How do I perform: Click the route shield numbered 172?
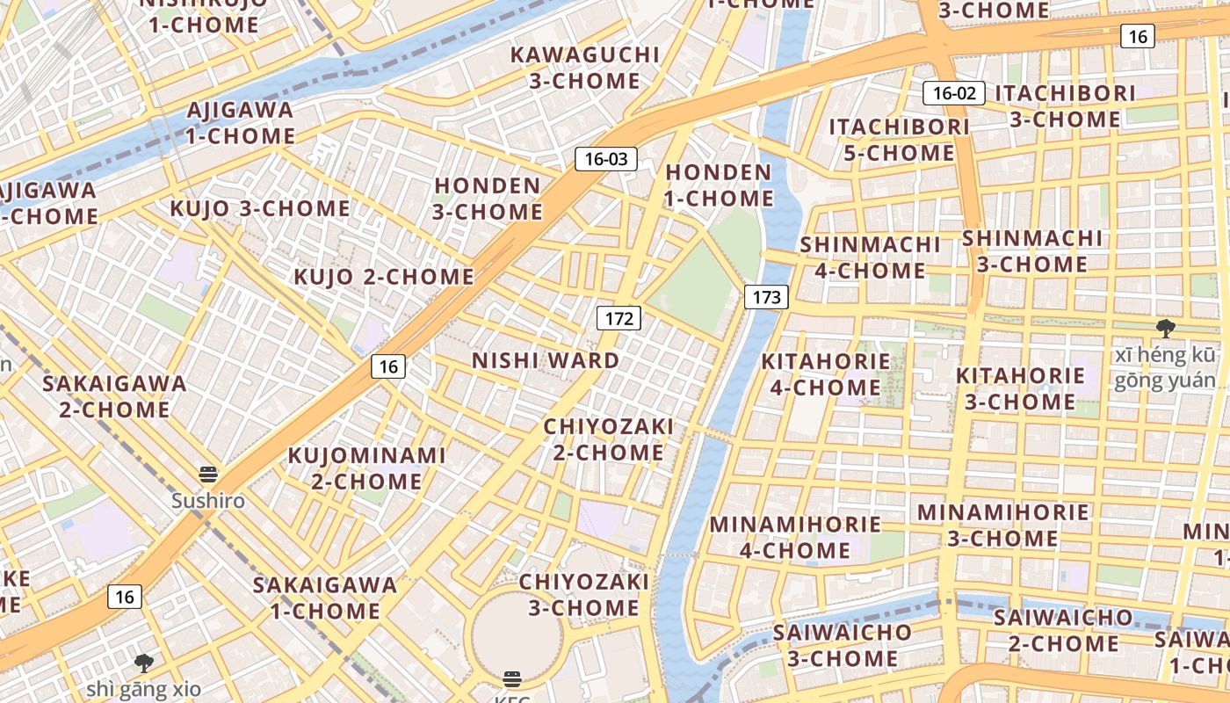pos(619,318)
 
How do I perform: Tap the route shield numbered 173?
pos(766,297)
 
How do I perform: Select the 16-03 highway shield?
pos(606,159)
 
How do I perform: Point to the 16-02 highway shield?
pos(953,93)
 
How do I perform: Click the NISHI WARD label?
pos(546,360)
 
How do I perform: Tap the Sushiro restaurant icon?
pos(208,475)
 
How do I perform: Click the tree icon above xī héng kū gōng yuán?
pos(1166,330)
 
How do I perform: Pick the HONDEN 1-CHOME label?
pos(718,185)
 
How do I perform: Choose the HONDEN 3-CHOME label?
pos(488,199)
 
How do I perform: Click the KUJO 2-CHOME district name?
pos(384,277)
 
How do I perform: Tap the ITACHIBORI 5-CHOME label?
pos(899,140)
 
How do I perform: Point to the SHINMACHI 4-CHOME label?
pos(870,257)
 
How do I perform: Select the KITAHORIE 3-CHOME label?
pos(1020,388)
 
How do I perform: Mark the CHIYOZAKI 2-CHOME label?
pos(608,439)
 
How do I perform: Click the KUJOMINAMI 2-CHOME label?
pos(367,468)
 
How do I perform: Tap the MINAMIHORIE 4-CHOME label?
pos(795,538)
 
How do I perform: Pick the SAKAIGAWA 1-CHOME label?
pos(325,598)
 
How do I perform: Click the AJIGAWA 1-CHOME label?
pos(240,123)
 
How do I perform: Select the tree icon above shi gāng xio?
pos(144,663)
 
